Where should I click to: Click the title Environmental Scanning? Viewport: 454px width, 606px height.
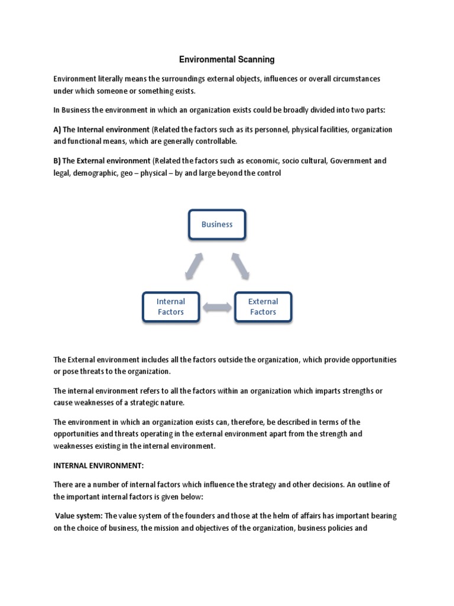click(227, 60)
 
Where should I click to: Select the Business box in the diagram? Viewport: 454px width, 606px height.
click(217, 224)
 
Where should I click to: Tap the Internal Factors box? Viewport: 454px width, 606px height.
click(170, 307)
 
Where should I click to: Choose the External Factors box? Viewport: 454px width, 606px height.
click(263, 307)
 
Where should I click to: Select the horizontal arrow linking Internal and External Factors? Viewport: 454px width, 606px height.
click(217, 307)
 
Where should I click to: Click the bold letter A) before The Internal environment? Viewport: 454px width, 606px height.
click(57, 129)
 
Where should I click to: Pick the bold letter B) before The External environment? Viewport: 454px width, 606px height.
click(57, 161)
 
